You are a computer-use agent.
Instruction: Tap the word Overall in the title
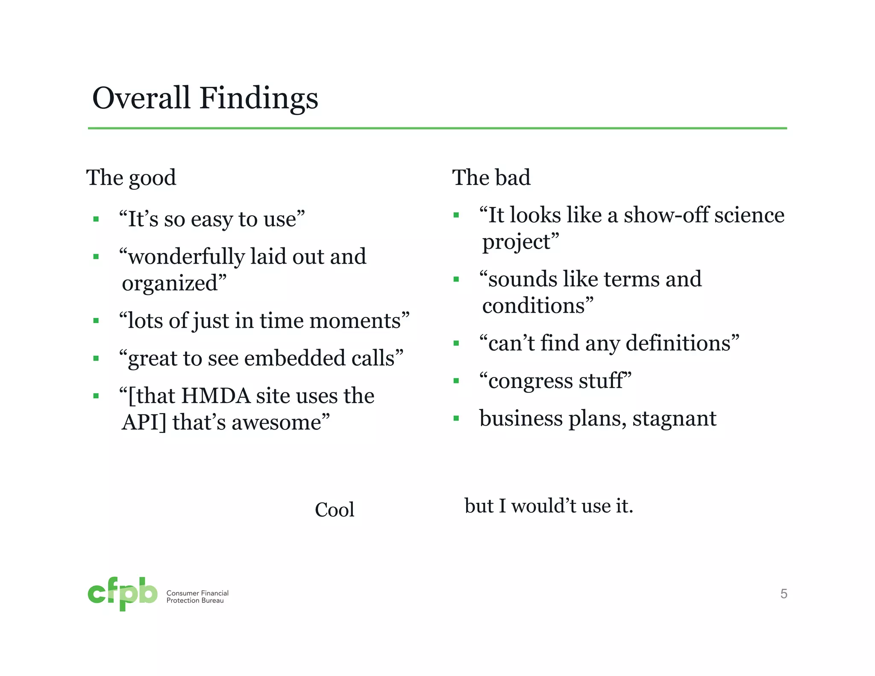(x=141, y=98)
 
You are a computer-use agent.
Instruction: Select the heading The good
(x=131, y=178)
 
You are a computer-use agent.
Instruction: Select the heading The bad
(x=491, y=178)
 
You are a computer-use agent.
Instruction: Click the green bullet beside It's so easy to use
(x=96, y=220)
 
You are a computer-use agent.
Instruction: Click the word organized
(x=170, y=283)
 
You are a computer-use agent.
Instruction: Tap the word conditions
(x=534, y=306)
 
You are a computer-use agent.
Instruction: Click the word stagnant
(x=674, y=418)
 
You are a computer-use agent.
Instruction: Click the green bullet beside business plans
(x=456, y=418)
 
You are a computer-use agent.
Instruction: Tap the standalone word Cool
(x=335, y=510)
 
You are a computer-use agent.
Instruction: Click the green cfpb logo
(x=123, y=594)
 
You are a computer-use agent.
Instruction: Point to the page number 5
(x=784, y=594)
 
